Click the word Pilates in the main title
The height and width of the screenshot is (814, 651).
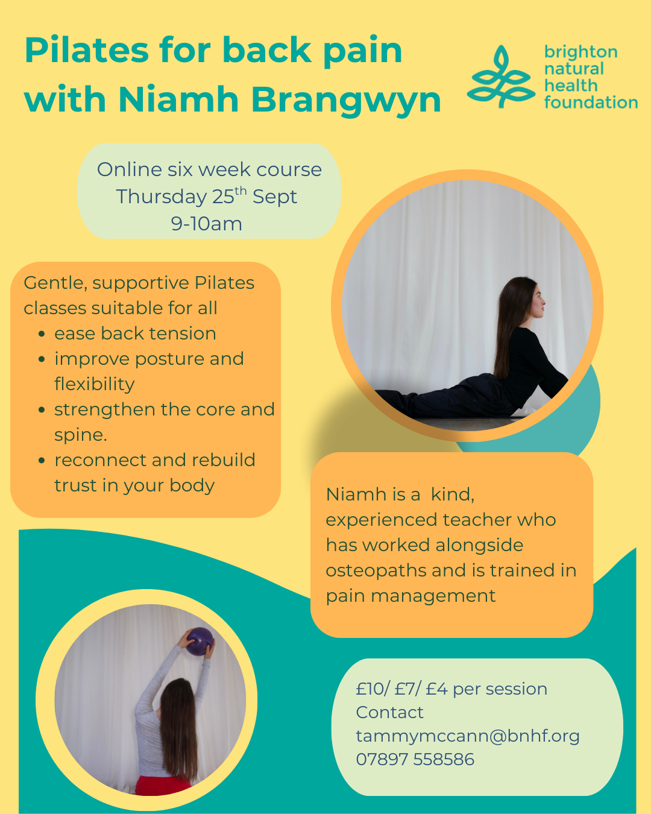pyautogui.click(x=87, y=50)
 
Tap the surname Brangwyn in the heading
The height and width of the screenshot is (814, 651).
pyautogui.click(x=346, y=100)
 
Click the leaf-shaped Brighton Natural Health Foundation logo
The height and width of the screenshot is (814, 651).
pyautogui.click(x=501, y=77)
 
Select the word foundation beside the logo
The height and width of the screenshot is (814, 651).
pyautogui.click(x=591, y=103)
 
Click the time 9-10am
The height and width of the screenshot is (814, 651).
pyautogui.click(x=207, y=224)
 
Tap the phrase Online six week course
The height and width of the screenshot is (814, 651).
pyautogui.click(x=209, y=169)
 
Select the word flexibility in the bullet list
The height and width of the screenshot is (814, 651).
pyautogui.click(x=95, y=384)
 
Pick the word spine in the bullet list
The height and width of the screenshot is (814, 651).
pyautogui.click(x=80, y=435)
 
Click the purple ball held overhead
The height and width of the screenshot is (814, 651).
pyautogui.click(x=200, y=642)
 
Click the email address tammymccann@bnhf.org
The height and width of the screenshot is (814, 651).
pyautogui.click(x=468, y=736)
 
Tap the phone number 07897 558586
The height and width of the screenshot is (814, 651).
pyautogui.click(x=415, y=759)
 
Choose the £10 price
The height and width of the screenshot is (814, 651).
pyautogui.click(x=370, y=689)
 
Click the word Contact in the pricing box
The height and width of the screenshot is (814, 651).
pyautogui.click(x=389, y=713)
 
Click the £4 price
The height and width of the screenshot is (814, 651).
pyautogui.click(x=436, y=689)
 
